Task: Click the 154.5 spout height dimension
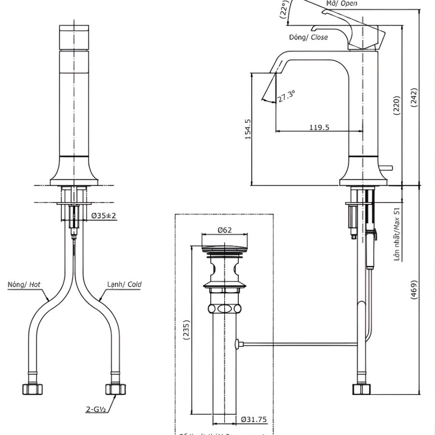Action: click(x=248, y=129)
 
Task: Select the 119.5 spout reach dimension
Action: click(x=319, y=127)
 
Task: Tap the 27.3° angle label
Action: click(x=286, y=96)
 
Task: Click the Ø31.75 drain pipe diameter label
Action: click(x=254, y=420)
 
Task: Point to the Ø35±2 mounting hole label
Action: click(x=104, y=216)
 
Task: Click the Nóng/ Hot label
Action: click(x=24, y=285)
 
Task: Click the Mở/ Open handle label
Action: click(x=342, y=3)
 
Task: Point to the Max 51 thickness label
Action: click(x=397, y=234)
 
